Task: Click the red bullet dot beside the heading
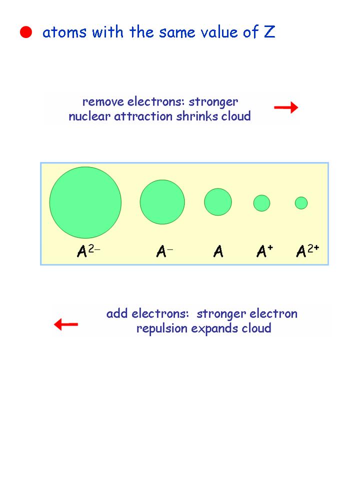(x=25, y=33)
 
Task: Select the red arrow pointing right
(x=286, y=107)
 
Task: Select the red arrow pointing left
(x=66, y=325)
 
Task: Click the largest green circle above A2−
(x=85, y=202)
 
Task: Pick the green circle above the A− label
(x=162, y=202)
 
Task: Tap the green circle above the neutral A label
(x=218, y=202)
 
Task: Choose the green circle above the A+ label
(x=261, y=203)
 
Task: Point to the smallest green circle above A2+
(x=301, y=203)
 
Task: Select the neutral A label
(x=218, y=251)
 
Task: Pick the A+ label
(x=264, y=250)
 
